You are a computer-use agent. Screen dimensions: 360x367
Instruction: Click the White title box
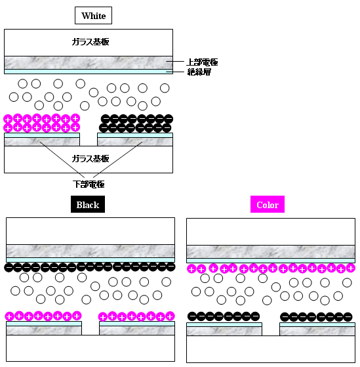(x=93, y=16)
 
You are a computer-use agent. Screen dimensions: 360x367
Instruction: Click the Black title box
(x=88, y=204)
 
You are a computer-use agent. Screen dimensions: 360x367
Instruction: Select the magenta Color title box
(x=268, y=204)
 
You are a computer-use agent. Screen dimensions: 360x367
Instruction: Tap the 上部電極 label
(x=202, y=62)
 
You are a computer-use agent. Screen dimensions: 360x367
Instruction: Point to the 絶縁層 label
(x=199, y=72)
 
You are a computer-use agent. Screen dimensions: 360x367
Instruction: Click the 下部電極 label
(x=89, y=184)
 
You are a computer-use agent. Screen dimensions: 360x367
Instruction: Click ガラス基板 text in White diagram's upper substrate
(x=90, y=42)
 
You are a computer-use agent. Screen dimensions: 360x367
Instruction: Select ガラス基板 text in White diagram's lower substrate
(x=90, y=159)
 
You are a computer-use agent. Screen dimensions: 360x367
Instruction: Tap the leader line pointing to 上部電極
(x=175, y=62)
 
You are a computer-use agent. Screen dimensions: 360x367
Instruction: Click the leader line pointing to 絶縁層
(x=175, y=72)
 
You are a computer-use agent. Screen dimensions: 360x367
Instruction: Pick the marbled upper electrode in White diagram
(x=89, y=63)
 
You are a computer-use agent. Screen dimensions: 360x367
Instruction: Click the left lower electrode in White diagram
(x=42, y=142)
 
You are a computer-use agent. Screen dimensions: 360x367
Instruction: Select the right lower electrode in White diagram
(x=135, y=142)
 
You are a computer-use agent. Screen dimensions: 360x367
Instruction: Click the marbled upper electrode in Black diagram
(x=90, y=251)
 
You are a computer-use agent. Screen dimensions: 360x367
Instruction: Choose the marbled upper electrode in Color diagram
(x=271, y=252)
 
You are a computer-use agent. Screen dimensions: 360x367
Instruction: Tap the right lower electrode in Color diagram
(x=317, y=331)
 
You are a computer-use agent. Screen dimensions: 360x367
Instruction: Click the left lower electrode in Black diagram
(x=44, y=330)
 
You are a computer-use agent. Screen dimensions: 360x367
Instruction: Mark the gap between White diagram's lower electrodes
(x=89, y=139)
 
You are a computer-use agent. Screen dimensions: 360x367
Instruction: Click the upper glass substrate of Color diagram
(x=271, y=232)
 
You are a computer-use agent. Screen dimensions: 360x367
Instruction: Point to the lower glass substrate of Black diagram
(x=90, y=348)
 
